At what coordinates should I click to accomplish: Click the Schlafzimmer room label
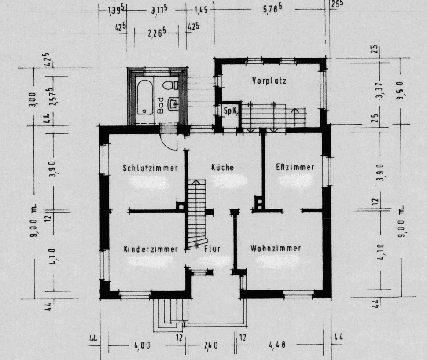151,168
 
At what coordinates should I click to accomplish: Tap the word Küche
222,168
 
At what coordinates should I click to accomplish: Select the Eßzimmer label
295,167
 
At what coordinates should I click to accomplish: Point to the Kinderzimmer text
151,249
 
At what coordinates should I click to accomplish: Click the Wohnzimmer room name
276,248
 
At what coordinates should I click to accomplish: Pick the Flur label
212,249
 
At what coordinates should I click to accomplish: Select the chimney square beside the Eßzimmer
259,203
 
